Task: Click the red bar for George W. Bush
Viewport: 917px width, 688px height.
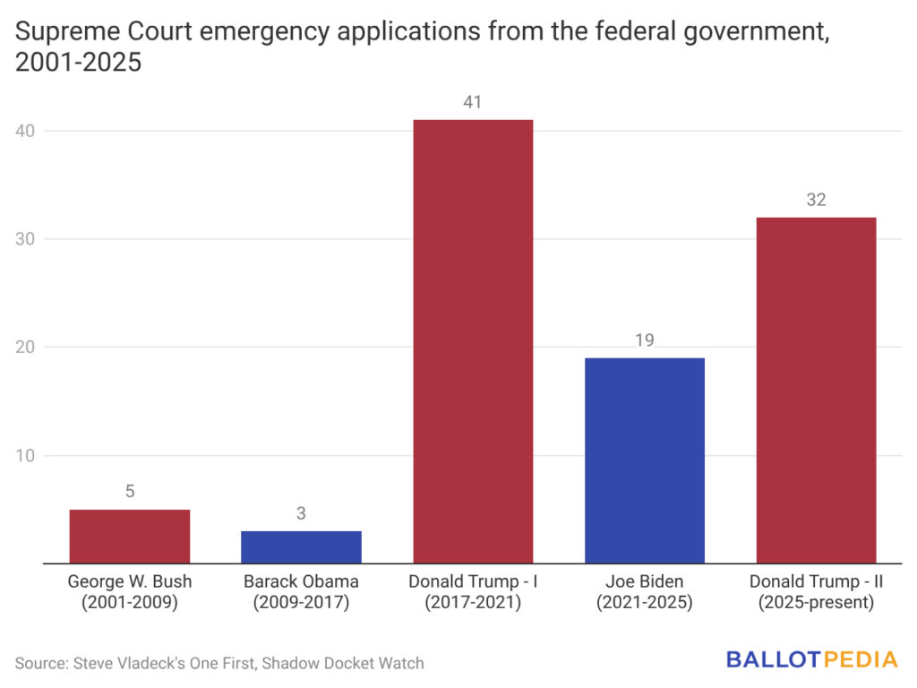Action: (x=129, y=537)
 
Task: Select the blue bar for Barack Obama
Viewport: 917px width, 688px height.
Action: (x=301, y=547)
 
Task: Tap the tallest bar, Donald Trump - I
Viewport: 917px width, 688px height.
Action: (x=473, y=341)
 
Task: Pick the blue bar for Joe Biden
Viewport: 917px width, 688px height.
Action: (x=645, y=460)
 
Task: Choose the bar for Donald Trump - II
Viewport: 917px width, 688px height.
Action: (x=816, y=390)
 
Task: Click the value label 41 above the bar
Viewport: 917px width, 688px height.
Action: (x=473, y=102)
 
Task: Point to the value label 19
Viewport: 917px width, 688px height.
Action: (x=645, y=340)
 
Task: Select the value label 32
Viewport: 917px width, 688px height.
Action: (x=816, y=200)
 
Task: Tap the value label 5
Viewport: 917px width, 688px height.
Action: (x=129, y=492)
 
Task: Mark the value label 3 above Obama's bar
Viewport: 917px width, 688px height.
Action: (x=301, y=513)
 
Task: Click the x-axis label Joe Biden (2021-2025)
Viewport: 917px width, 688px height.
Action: (x=645, y=592)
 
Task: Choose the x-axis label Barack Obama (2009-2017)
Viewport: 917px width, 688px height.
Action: (x=301, y=592)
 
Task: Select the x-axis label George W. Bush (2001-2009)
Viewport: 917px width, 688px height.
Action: (x=129, y=592)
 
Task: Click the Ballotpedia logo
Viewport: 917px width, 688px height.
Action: (x=811, y=660)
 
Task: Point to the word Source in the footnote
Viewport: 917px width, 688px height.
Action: (x=42, y=664)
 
